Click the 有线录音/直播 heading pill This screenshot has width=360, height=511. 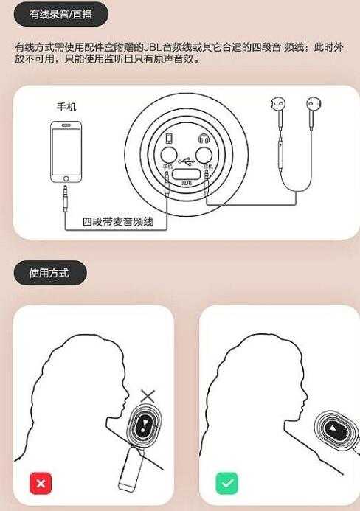pyautogui.click(x=61, y=14)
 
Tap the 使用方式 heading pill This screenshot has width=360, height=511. pyautogui.click(x=49, y=273)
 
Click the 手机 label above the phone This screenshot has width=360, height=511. pyautogui.click(x=66, y=107)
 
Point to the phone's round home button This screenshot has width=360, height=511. pyautogui.click(x=66, y=178)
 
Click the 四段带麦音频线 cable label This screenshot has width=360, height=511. pyautogui.click(x=118, y=221)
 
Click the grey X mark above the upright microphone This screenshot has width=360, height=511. pyautogui.click(x=148, y=396)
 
